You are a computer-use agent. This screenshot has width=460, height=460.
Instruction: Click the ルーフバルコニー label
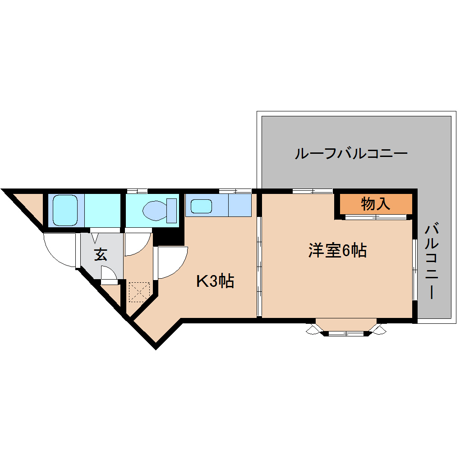pyautogui.click(x=351, y=154)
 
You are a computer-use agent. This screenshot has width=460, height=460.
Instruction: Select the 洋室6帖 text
pyautogui.click(x=337, y=250)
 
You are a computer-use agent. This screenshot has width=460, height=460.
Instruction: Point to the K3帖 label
pyautogui.click(x=215, y=281)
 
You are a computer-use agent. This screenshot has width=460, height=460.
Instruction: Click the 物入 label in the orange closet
pyautogui.click(x=375, y=204)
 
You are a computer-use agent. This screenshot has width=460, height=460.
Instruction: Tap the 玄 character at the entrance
pyautogui.click(x=101, y=255)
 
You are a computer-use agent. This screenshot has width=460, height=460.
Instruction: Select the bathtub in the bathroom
pyautogui.click(x=66, y=210)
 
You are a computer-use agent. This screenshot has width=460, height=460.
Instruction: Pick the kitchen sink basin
pyautogui.click(x=201, y=206)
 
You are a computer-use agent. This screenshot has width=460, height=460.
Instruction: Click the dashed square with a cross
pyautogui.click(x=139, y=292)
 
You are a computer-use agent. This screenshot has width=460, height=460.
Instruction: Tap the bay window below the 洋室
pyautogui.click(x=346, y=328)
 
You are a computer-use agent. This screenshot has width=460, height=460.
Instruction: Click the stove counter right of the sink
pyautogui.click(x=240, y=205)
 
